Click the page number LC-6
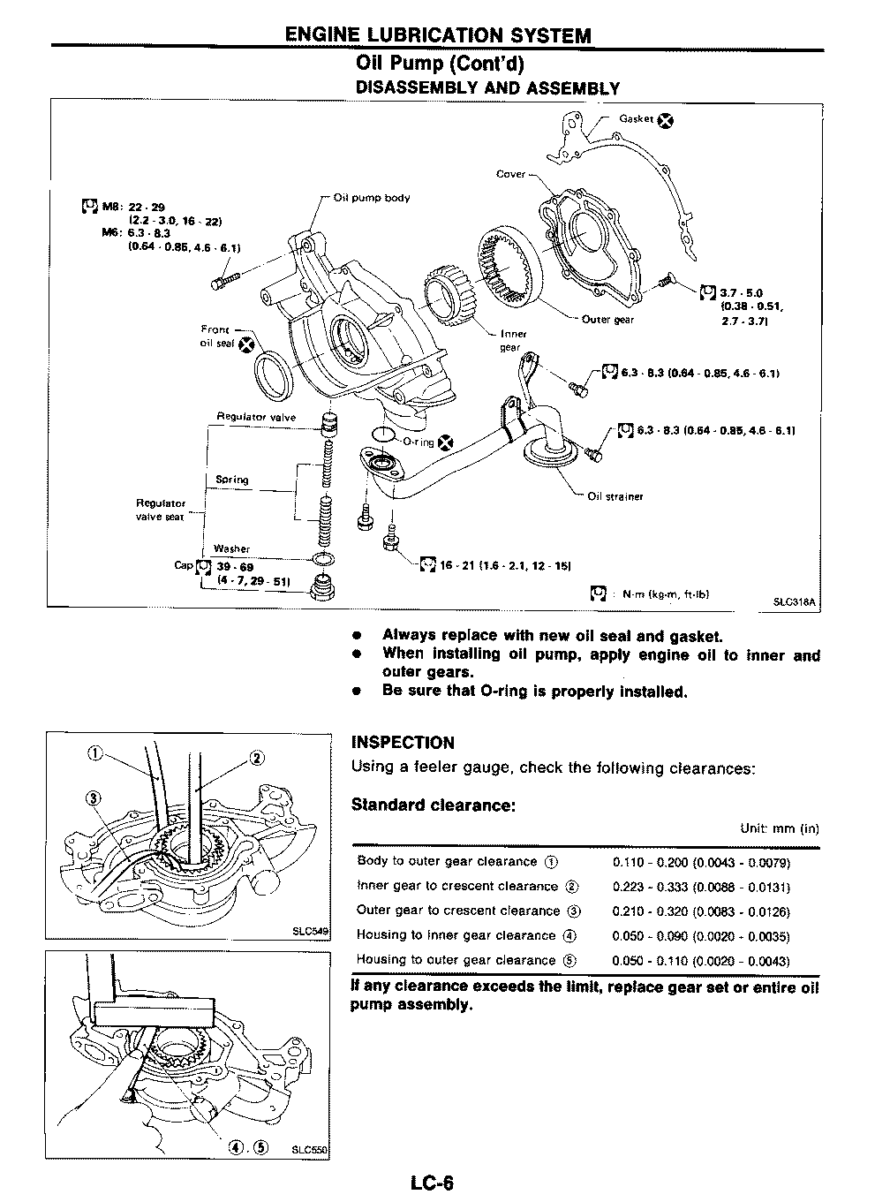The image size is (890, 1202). tap(431, 1182)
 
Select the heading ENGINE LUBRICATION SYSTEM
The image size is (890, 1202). tap(438, 35)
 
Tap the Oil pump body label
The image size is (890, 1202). tap(372, 198)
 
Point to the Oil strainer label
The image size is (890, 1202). tap(615, 496)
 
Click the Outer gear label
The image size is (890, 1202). tap(607, 320)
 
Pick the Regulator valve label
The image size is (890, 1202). tap(257, 417)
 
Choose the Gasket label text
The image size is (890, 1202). tap(636, 118)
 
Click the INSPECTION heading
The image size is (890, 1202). tap(403, 743)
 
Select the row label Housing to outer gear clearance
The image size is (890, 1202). tap(456, 959)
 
